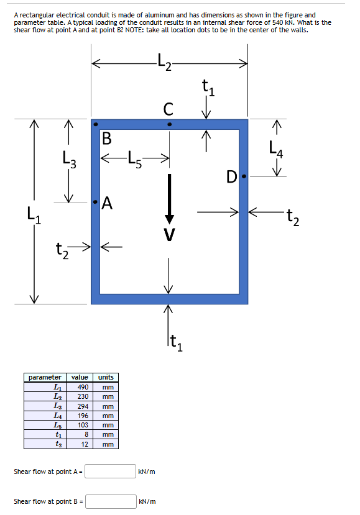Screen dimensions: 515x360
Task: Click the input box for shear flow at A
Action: coord(111,472)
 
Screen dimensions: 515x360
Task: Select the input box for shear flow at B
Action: coord(111,501)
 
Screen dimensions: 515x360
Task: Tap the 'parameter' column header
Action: coord(45,377)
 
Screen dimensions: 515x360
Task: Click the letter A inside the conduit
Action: coord(107,203)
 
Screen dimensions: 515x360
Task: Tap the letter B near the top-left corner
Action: coord(106,137)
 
